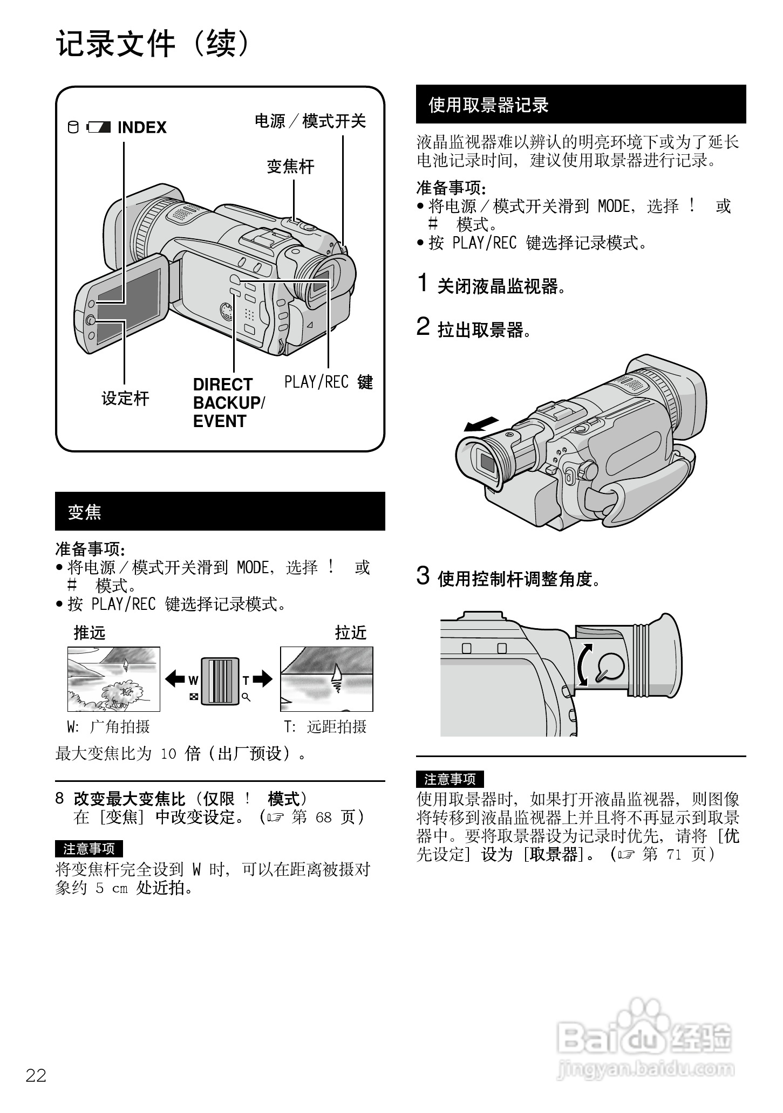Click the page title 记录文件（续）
(154, 44)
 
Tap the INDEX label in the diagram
(141, 128)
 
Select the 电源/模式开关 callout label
(310, 121)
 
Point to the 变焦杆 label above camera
(290, 167)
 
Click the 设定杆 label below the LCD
(125, 399)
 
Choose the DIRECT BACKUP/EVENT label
(228, 403)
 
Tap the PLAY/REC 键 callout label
(328, 382)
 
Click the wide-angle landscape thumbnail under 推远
(113, 679)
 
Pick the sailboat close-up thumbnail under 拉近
(326, 679)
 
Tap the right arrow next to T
(263, 678)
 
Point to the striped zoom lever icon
(220, 681)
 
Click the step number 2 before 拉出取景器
(423, 326)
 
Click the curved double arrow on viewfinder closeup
(584, 665)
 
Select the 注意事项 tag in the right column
(450, 779)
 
